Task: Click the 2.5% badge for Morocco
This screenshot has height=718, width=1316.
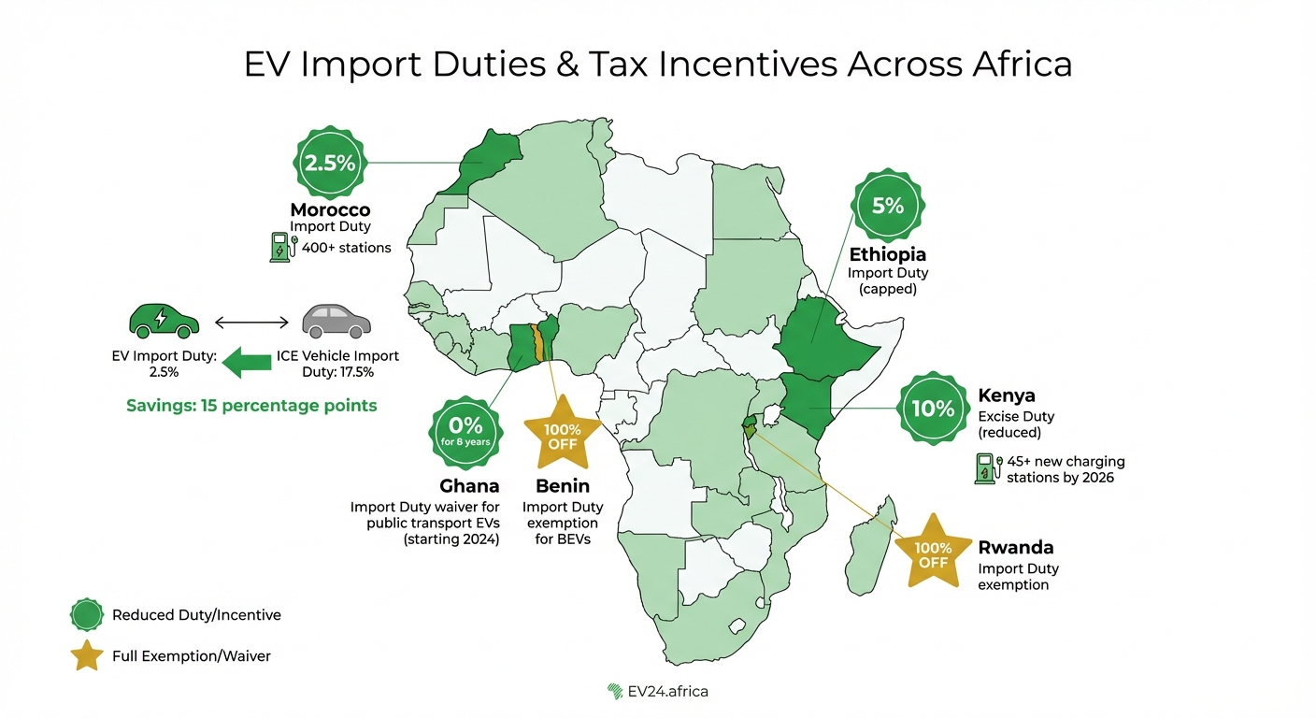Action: (330, 163)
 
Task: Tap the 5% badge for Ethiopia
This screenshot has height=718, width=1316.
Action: (888, 207)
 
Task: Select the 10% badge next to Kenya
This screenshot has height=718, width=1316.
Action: (932, 408)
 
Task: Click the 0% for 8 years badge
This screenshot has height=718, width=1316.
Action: (465, 433)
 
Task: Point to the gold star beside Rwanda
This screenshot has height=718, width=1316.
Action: (933, 554)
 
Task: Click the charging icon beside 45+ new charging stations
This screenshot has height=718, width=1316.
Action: (985, 468)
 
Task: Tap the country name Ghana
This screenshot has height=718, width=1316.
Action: (469, 486)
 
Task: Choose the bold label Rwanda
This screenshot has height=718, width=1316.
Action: (1015, 548)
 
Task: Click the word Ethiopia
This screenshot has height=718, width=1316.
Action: (888, 254)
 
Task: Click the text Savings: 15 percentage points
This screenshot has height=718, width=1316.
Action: (251, 406)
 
